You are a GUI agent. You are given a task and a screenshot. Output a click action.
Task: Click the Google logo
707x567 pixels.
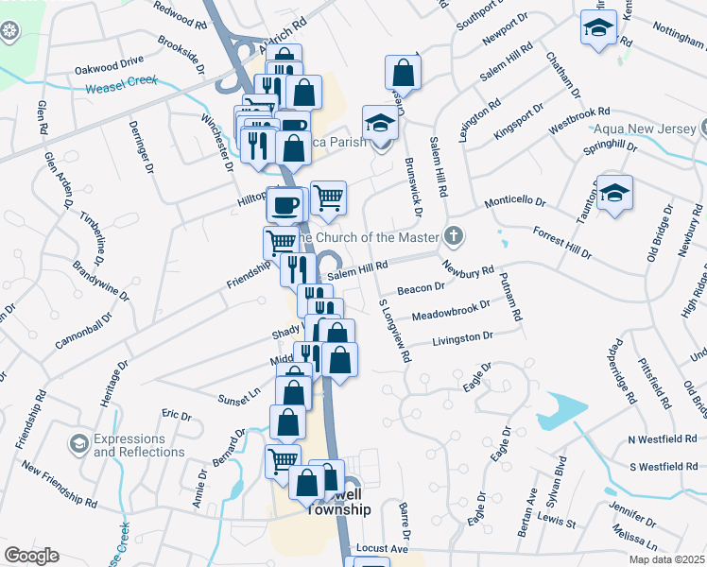coord(31,556)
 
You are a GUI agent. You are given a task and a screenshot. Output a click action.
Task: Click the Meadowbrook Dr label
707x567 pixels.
coord(451,311)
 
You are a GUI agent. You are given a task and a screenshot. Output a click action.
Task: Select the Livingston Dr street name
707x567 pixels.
coord(462,338)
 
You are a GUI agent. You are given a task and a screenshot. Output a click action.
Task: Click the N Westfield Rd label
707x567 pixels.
coord(662,440)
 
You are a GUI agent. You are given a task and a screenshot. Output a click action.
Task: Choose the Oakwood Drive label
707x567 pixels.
coord(108,69)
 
